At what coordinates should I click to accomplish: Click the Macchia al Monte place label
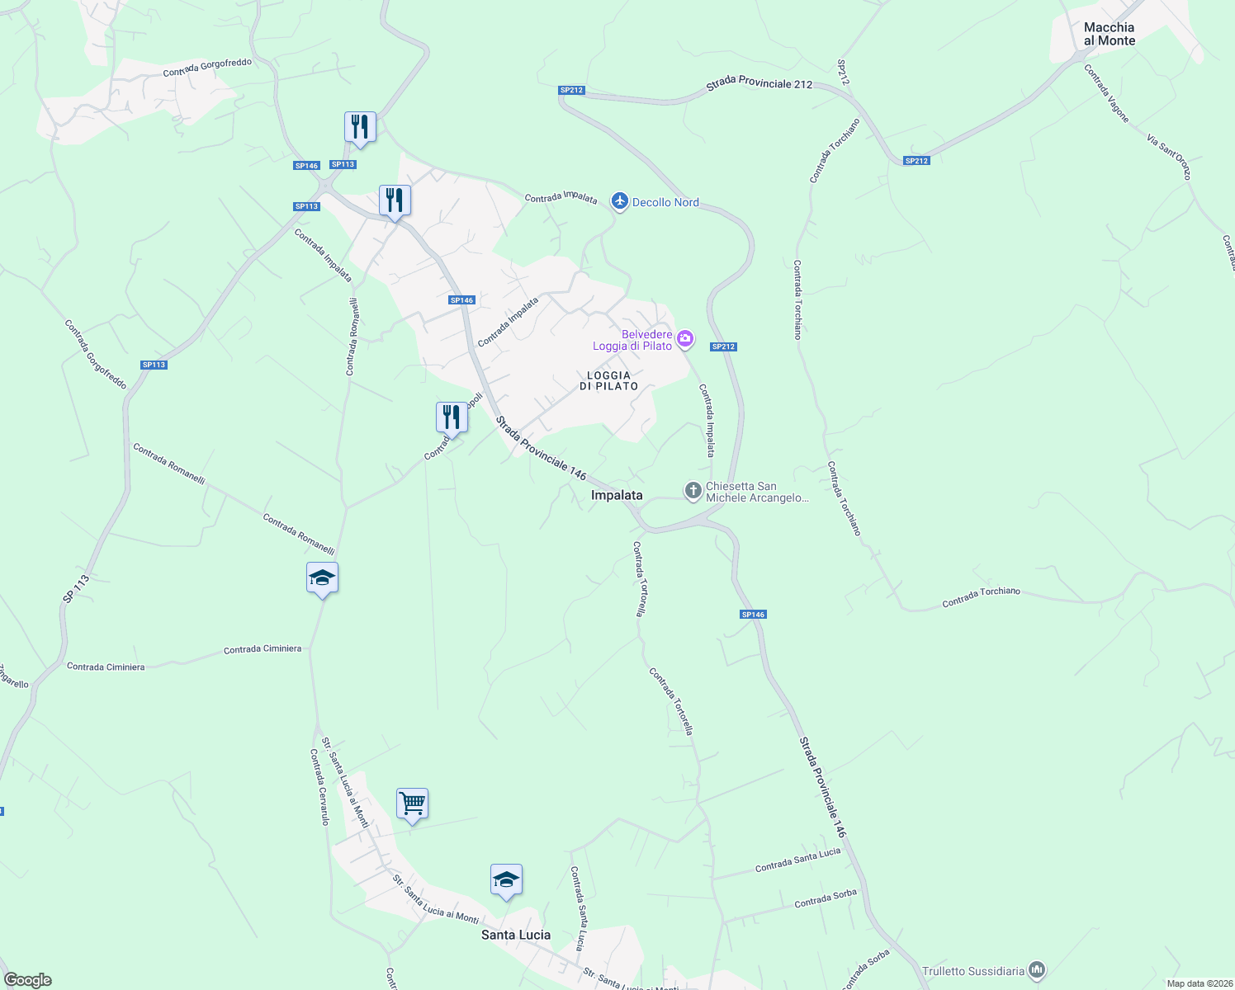(1109, 34)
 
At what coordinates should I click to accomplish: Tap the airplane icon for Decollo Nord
(620, 201)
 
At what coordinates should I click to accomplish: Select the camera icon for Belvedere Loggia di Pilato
(684, 339)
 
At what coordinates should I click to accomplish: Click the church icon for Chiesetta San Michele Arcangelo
(693, 492)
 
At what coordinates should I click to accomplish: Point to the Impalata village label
(617, 495)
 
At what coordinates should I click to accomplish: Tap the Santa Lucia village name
(516, 935)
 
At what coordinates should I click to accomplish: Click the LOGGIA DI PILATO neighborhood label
(608, 381)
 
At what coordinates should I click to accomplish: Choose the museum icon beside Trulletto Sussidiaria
(1039, 971)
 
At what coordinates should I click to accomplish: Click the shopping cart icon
(412, 802)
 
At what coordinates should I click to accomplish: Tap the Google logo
(28, 980)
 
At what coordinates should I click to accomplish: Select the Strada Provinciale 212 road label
(759, 85)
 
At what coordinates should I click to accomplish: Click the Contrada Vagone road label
(1107, 93)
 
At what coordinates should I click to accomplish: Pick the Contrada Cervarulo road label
(319, 787)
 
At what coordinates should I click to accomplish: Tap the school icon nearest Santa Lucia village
(506, 879)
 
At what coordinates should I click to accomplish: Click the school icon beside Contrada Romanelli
(322, 577)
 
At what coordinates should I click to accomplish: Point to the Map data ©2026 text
(1200, 983)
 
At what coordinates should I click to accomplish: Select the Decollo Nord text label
(665, 202)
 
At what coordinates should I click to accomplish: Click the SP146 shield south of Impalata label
(753, 615)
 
